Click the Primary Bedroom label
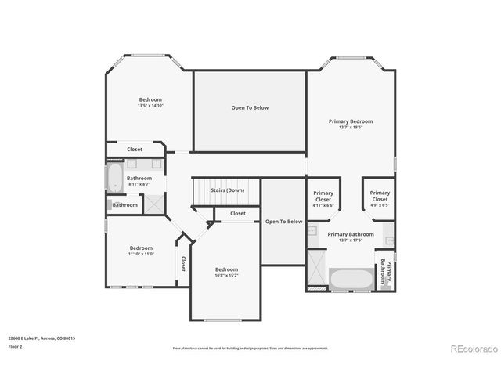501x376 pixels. click(x=350, y=121)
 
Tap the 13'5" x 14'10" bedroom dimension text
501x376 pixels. click(x=150, y=106)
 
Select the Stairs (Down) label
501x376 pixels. click(x=227, y=190)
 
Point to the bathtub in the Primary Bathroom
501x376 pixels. click(x=351, y=278)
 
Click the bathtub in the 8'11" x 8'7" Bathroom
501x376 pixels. click(x=115, y=178)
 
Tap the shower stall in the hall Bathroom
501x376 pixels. click(x=154, y=204)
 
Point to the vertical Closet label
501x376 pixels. click(x=183, y=264)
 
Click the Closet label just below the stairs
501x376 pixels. click(x=238, y=213)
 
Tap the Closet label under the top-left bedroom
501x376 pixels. click(x=135, y=149)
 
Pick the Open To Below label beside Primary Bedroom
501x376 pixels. click(x=250, y=107)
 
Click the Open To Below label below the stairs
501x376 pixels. click(x=283, y=222)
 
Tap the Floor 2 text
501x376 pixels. click(x=16, y=345)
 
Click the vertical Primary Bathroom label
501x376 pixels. click(x=385, y=270)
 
